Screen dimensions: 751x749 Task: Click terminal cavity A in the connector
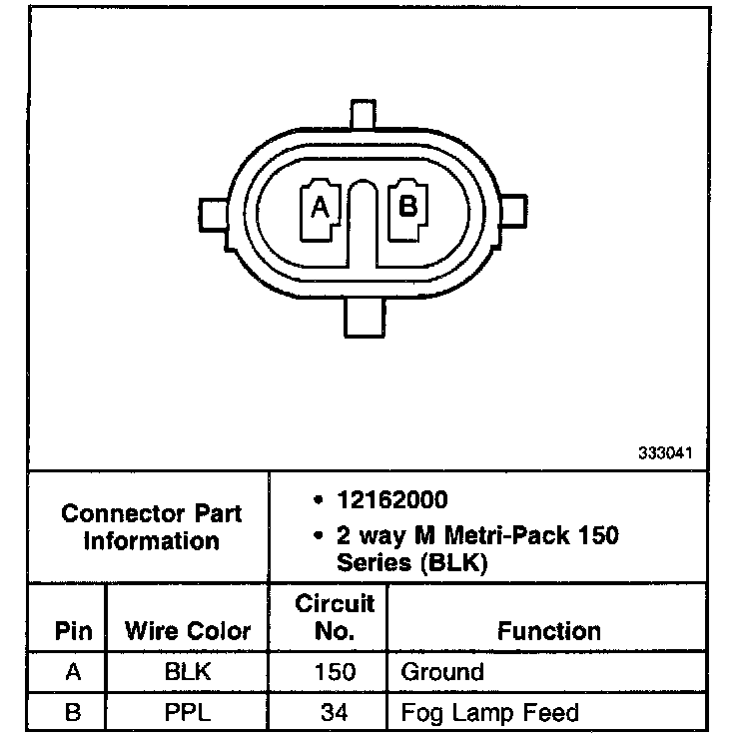(321, 208)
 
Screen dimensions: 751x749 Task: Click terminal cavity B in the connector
(407, 208)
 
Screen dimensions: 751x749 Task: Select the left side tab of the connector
(215, 213)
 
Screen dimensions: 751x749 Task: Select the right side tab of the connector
(512, 212)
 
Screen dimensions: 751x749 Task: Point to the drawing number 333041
(665, 452)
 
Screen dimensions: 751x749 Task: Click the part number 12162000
(392, 498)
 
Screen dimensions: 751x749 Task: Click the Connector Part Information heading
(151, 527)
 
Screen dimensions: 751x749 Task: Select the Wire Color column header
(188, 631)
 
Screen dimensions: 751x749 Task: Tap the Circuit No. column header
(335, 617)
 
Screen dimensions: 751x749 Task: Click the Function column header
(549, 631)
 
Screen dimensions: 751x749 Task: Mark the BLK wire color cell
(188, 672)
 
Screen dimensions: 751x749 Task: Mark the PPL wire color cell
(188, 712)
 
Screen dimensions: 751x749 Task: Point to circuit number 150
(335, 672)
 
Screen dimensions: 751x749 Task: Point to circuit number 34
(335, 712)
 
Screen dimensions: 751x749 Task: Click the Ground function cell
(441, 672)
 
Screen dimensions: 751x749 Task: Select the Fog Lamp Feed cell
(489, 712)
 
